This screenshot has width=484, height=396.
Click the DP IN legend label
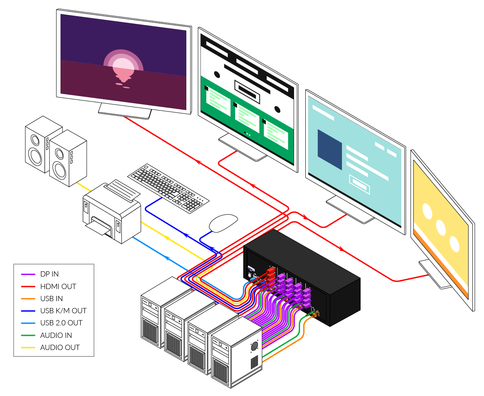(49, 274)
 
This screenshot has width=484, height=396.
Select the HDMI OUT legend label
(58, 286)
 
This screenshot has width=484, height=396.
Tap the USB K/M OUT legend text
(63, 311)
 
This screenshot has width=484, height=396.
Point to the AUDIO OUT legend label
(60, 347)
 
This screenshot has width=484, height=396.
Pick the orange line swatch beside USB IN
(28, 299)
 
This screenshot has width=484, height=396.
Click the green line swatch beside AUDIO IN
(28, 335)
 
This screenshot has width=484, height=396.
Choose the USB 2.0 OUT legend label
(61, 323)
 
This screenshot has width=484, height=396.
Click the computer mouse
(223, 223)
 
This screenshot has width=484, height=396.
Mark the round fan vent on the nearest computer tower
(254, 346)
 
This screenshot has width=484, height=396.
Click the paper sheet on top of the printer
(120, 190)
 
